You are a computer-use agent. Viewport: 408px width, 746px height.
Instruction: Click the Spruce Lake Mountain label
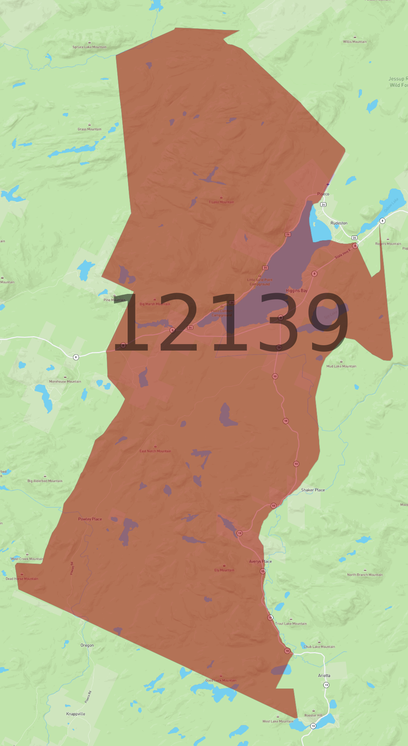click(x=89, y=47)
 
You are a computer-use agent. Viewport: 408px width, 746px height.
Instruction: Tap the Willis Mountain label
click(x=355, y=42)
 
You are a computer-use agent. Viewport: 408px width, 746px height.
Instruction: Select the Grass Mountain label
click(x=89, y=129)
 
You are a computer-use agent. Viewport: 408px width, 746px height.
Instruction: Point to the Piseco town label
click(x=323, y=194)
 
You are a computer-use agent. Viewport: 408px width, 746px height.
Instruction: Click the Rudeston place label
click(x=339, y=223)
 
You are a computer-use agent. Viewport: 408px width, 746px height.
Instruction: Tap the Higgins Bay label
click(x=296, y=290)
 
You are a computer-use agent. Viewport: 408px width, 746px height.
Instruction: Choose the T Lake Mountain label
click(x=221, y=202)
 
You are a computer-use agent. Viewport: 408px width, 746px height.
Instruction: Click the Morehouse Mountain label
click(x=65, y=381)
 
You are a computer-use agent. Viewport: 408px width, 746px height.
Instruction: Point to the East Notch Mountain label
click(x=155, y=451)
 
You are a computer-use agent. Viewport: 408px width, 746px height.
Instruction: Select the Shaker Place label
click(x=313, y=490)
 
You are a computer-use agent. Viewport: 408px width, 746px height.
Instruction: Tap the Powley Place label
click(x=90, y=519)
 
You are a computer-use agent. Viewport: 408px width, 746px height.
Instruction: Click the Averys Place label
click(x=260, y=561)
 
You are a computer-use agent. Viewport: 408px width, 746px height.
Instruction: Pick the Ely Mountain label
click(x=224, y=570)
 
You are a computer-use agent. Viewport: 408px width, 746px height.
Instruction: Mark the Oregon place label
click(x=87, y=645)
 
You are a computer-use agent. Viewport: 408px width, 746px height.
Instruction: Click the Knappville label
click(x=76, y=714)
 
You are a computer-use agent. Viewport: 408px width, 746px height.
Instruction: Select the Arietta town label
click(x=324, y=675)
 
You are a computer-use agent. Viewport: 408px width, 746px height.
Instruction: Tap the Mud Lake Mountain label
click(x=341, y=366)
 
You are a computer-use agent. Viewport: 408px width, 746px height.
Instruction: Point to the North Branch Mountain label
click(x=365, y=575)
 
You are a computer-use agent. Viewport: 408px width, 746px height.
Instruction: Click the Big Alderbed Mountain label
click(x=45, y=481)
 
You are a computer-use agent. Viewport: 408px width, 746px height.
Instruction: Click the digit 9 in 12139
click(x=329, y=322)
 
